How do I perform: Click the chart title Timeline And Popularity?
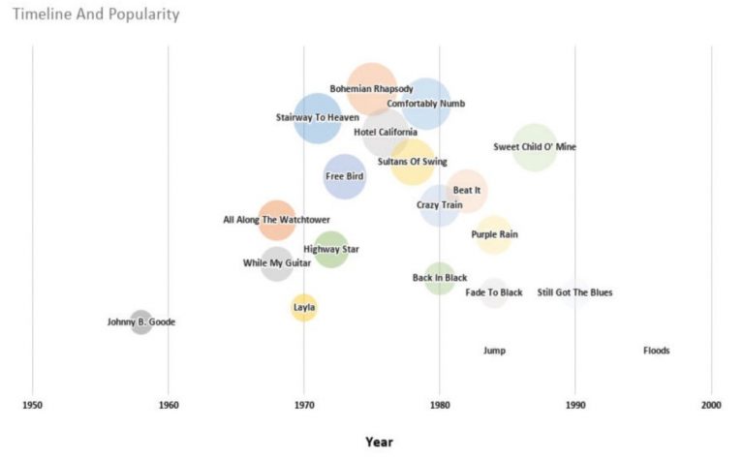(95, 15)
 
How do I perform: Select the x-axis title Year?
(379, 442)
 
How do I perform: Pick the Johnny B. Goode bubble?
(141, 322)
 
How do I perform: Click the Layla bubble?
(304, 308)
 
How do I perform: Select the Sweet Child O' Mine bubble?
(534, 147)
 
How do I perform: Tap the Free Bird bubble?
(345, 176)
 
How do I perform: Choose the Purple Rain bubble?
(494, 234)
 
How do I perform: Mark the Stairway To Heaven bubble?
(316, 118)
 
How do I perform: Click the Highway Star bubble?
(331, 249)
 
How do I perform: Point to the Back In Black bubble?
(440, 278)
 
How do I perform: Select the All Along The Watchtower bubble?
(277, 220)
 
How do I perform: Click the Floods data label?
(656, 351)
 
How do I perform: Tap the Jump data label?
(494, 351)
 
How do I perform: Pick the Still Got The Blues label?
(574, 292)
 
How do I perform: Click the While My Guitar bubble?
(277, 263)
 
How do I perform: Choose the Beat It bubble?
(467, 191)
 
